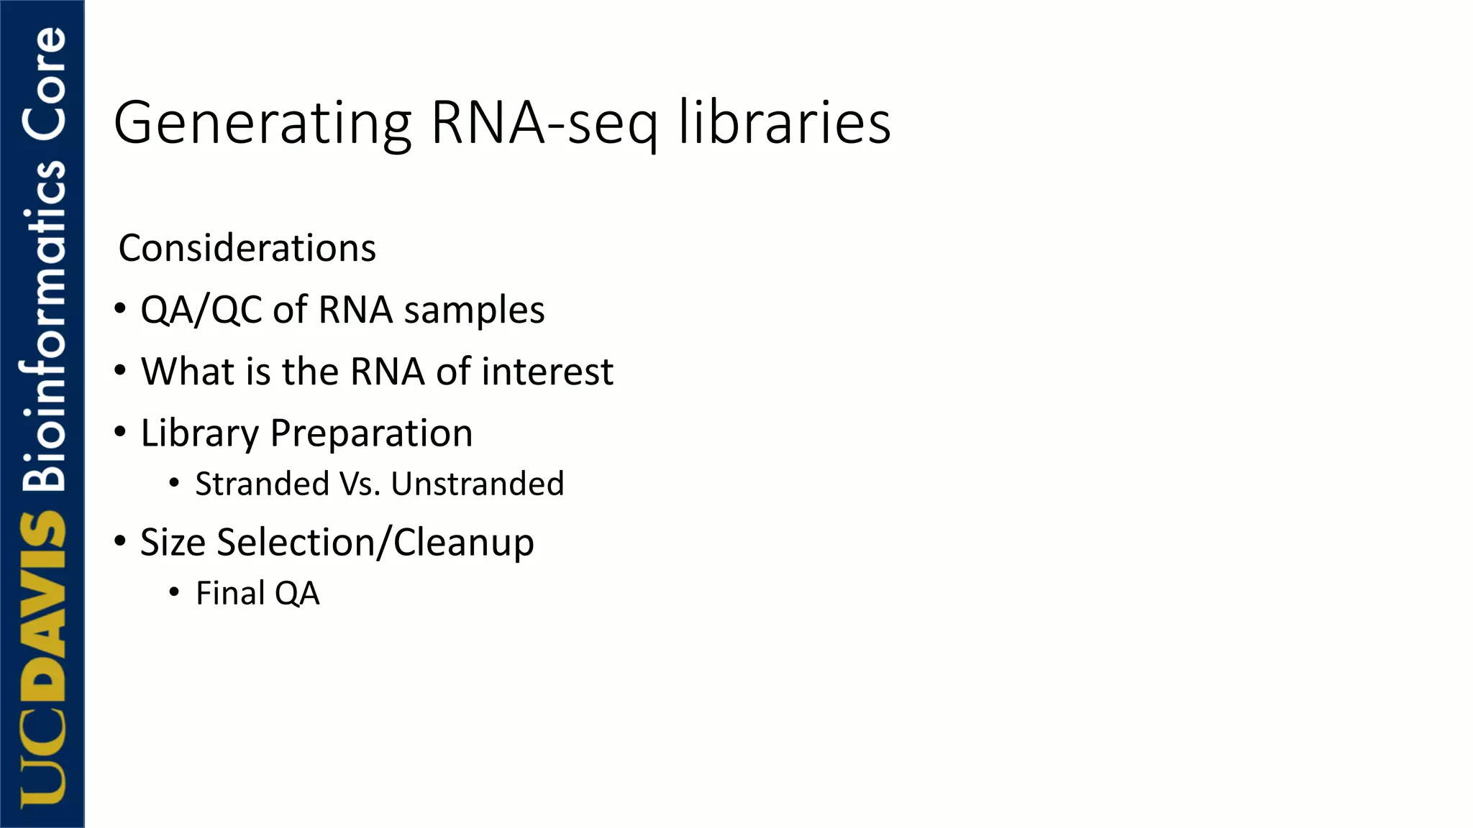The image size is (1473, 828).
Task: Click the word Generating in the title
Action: click(263, 124)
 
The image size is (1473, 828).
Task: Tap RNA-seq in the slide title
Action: click(544, 124)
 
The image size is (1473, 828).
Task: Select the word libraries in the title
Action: click(785, 124)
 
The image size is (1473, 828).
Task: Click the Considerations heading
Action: click(247, 249)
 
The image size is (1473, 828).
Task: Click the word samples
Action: click(474, 310)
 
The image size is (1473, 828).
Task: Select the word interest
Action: click(547, 372)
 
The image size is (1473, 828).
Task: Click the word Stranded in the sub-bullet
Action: click(262, 484)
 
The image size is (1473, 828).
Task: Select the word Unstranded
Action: click(478, 484)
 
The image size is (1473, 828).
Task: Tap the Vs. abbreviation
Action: click(360, 484)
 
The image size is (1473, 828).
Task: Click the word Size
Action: click(173, 542)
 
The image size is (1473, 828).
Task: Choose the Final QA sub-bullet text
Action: click(257, 594)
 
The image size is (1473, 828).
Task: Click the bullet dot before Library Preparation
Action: click(120, 431)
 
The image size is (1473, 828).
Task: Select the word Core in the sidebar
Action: click(43, 83)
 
